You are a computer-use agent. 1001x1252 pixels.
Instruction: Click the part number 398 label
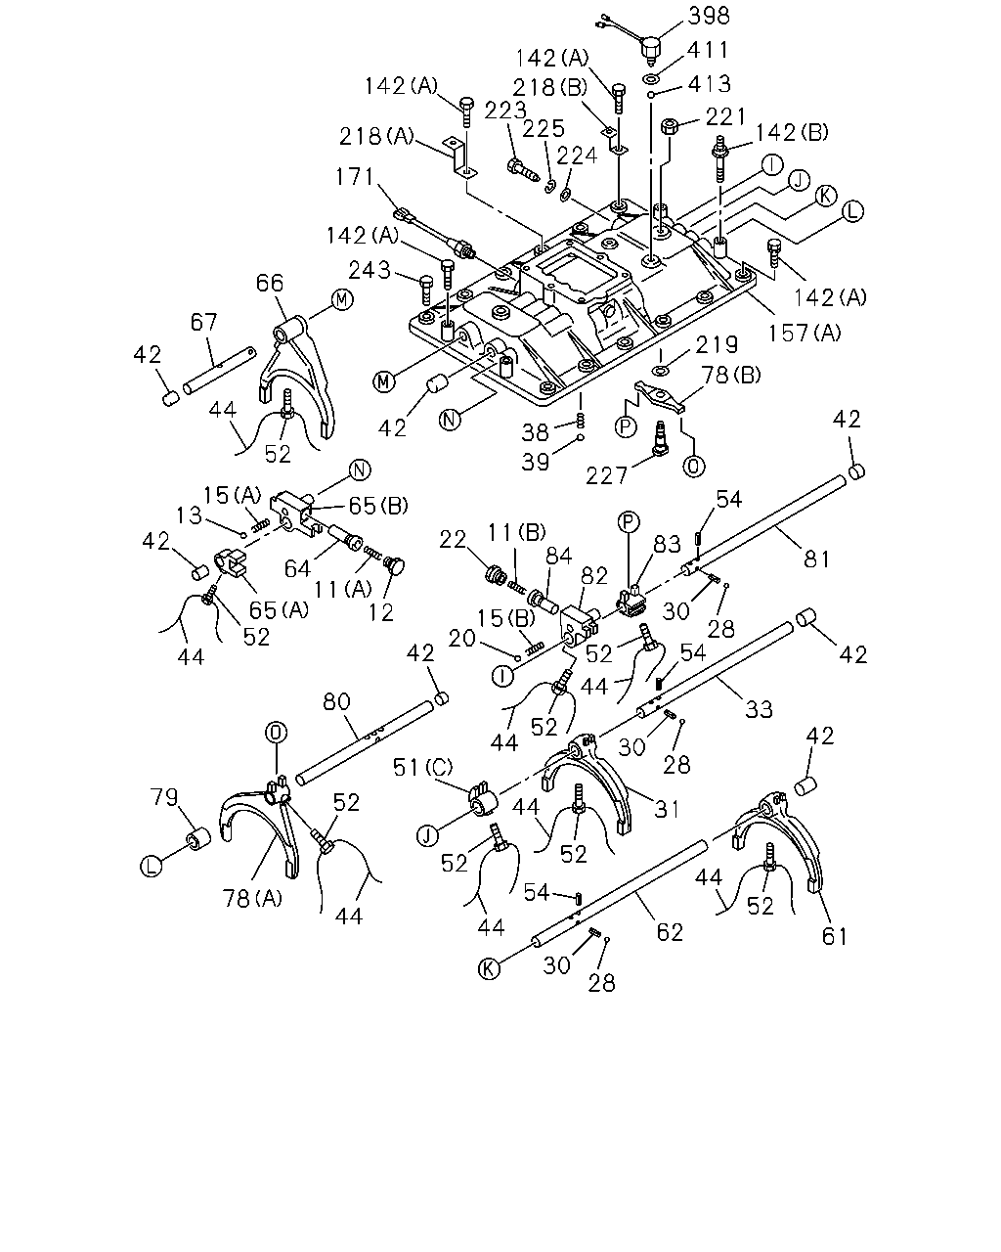tap(709, 16)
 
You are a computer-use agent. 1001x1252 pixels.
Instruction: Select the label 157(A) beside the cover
tap(805, 333)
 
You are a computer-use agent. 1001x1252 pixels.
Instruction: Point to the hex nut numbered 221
tap(670, 125)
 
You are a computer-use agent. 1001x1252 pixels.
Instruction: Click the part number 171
tap(355, 176)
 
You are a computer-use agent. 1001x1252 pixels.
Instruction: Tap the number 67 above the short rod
tap(204, 322)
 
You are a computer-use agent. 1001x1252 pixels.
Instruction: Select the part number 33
tap(759, 709)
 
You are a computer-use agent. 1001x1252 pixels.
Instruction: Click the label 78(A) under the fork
tap(252, 898)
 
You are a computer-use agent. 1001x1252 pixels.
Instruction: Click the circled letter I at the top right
tap(772, 165)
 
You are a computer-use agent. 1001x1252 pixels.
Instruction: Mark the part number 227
tap(606, 476)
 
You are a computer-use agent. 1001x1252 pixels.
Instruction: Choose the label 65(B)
tap(378, 505)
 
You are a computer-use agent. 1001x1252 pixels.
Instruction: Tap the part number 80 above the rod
tap(337, 701)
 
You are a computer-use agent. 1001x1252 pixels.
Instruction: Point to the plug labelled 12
tap(395, 564)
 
